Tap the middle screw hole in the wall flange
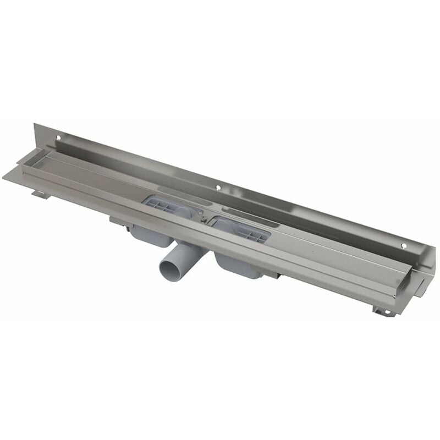[218, 188]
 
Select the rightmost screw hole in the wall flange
[403, 246]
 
